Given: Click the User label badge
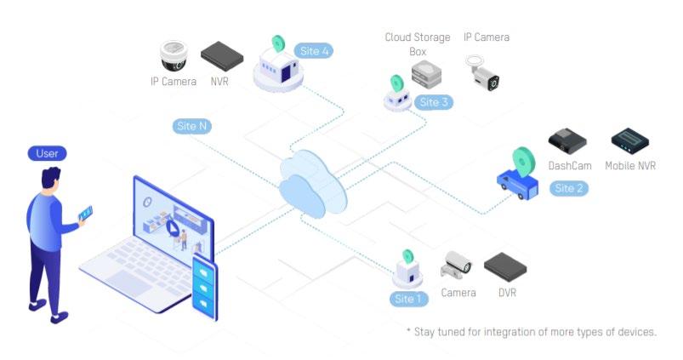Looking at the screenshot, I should (47, 154).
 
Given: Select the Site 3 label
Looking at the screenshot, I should (434, 102).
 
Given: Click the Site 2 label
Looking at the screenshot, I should (568, 188).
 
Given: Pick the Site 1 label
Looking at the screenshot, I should (408, 299).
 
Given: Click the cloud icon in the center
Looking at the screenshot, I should (313, 181).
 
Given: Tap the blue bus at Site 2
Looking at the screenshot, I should (517, 182).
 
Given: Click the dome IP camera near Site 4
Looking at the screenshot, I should (174, 56).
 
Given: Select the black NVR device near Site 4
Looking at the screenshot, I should (221, 55).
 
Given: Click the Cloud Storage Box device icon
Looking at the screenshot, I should (427, 74).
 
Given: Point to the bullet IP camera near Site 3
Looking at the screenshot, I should (481, 73).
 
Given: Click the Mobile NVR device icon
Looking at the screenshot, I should (630, 139).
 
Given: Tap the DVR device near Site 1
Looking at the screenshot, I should (504, 267).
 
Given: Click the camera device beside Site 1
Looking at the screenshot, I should (456, 266).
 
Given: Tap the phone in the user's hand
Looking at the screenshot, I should (86, 213).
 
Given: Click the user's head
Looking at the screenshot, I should (51, 180).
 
